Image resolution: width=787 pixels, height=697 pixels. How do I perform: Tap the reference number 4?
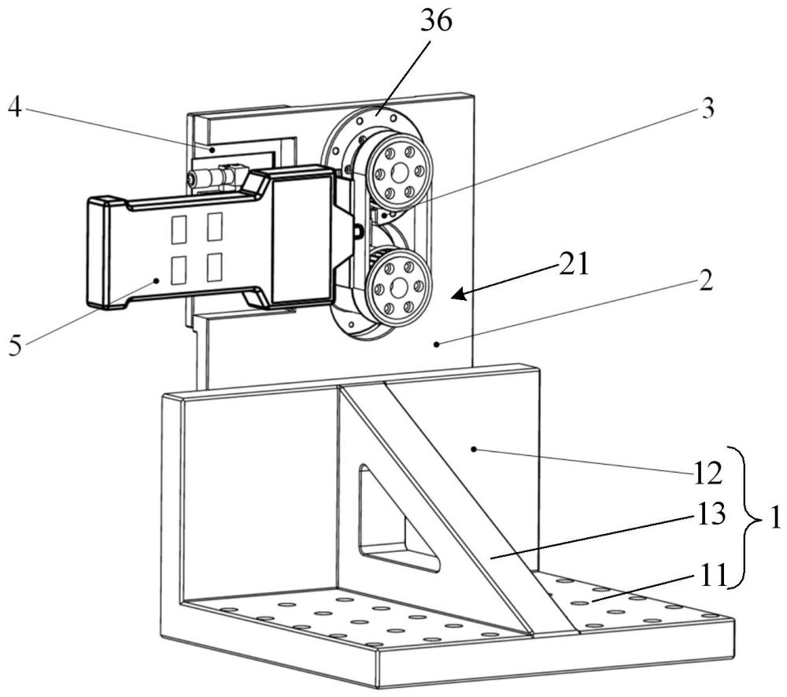click(x=13, y=106)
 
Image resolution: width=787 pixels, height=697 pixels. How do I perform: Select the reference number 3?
click(x=708, y=109)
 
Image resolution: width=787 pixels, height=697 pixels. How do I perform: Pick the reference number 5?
click(x=15, y=346)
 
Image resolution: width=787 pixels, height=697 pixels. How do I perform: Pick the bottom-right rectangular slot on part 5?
click(x=214, y=269)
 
